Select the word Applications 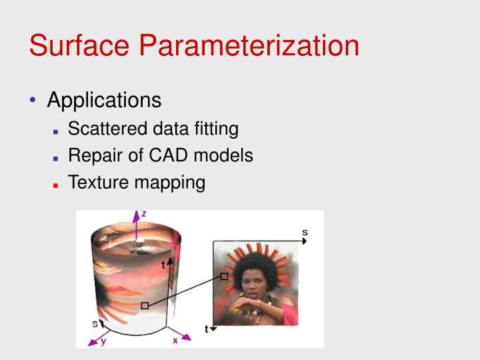(104, 101)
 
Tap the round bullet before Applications (33, 101)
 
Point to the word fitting (216, 129)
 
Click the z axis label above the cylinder (143, 214)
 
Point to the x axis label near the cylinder (175, 339)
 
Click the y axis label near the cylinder (103, 341)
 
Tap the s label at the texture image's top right (305, 233)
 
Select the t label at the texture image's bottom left (207, 329)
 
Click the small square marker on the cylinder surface (144, 305)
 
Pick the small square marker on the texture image (225, 276)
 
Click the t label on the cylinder (163, 264)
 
